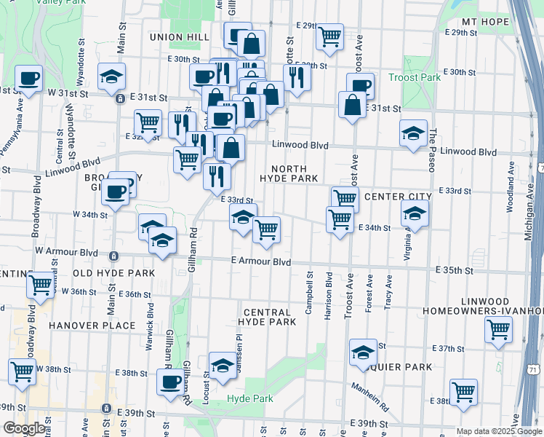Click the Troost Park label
tap(415, 77)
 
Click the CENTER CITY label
tap(398, 197)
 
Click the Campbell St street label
tap(310, 293)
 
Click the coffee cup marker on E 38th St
tap(171, 380)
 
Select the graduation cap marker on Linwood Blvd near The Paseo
tap(413, 133)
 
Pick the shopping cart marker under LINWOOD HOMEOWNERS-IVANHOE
tap(498, 328)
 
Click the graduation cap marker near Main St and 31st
tap(112, 76)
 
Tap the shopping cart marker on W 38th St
tap(22, 371)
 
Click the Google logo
tap(23, 428)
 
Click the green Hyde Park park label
tap(249, 398)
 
